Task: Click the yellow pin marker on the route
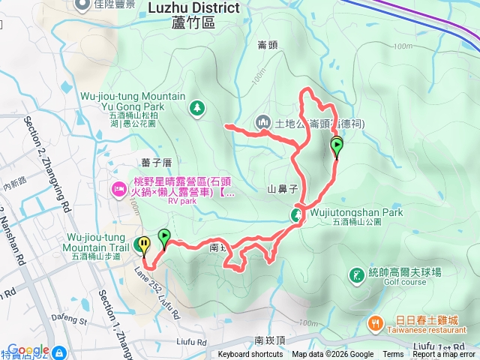[x=142, y=244]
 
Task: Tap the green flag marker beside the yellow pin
[x=163, y=239]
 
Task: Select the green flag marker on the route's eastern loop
[x=337, y=146]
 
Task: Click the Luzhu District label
[x=193, y=7]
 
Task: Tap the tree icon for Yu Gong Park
[x=196, y=108]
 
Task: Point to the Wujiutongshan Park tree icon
[x=298, y=215]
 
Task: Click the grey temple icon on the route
[x=262, y=121]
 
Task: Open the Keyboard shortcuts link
[x=251, y=355]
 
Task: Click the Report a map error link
[x=443, y=355]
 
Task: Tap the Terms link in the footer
[x=393, y=355]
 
